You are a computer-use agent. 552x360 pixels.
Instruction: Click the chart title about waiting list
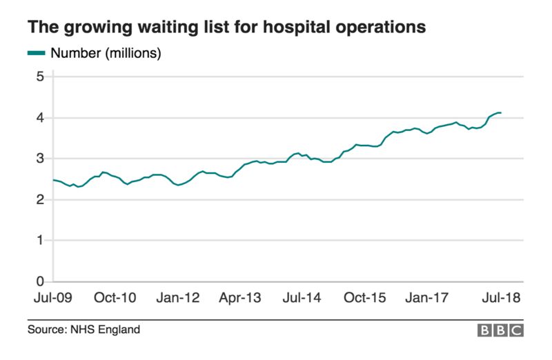pyautogui.click(x=226, y=28)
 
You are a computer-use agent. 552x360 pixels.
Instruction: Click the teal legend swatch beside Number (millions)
pyautogui.click(x=37, y=53)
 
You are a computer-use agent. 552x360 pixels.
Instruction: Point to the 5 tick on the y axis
pyautogui.click(x=39, y=77)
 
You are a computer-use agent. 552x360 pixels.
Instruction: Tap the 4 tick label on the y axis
pyautogui.click(x=39, y=118)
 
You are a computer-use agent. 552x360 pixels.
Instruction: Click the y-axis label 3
pyautogui.click(x=39, y=159)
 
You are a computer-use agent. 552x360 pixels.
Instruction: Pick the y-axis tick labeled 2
pyautogui.click(x=39, y=200)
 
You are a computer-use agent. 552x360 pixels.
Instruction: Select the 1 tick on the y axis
pyautogui.click(x=39, y=241)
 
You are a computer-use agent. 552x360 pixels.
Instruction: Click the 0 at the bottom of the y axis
pyautogui.click(x=39, y=281)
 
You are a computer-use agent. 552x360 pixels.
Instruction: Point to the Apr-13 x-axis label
pyautogui.click(x=240, y=299)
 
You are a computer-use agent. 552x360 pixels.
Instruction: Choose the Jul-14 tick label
pyautogui.click(x=302, y=299)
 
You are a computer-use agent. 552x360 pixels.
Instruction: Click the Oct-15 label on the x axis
pyautogui.click(x=365, y=299)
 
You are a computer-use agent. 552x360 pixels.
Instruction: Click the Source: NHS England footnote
pyautogui.click(x=83, y=330)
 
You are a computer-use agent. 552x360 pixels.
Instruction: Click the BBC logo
pyautogui.click(x=500, y=331)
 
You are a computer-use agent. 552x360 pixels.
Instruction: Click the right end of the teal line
pyautogui.click(x=500, y=112)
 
